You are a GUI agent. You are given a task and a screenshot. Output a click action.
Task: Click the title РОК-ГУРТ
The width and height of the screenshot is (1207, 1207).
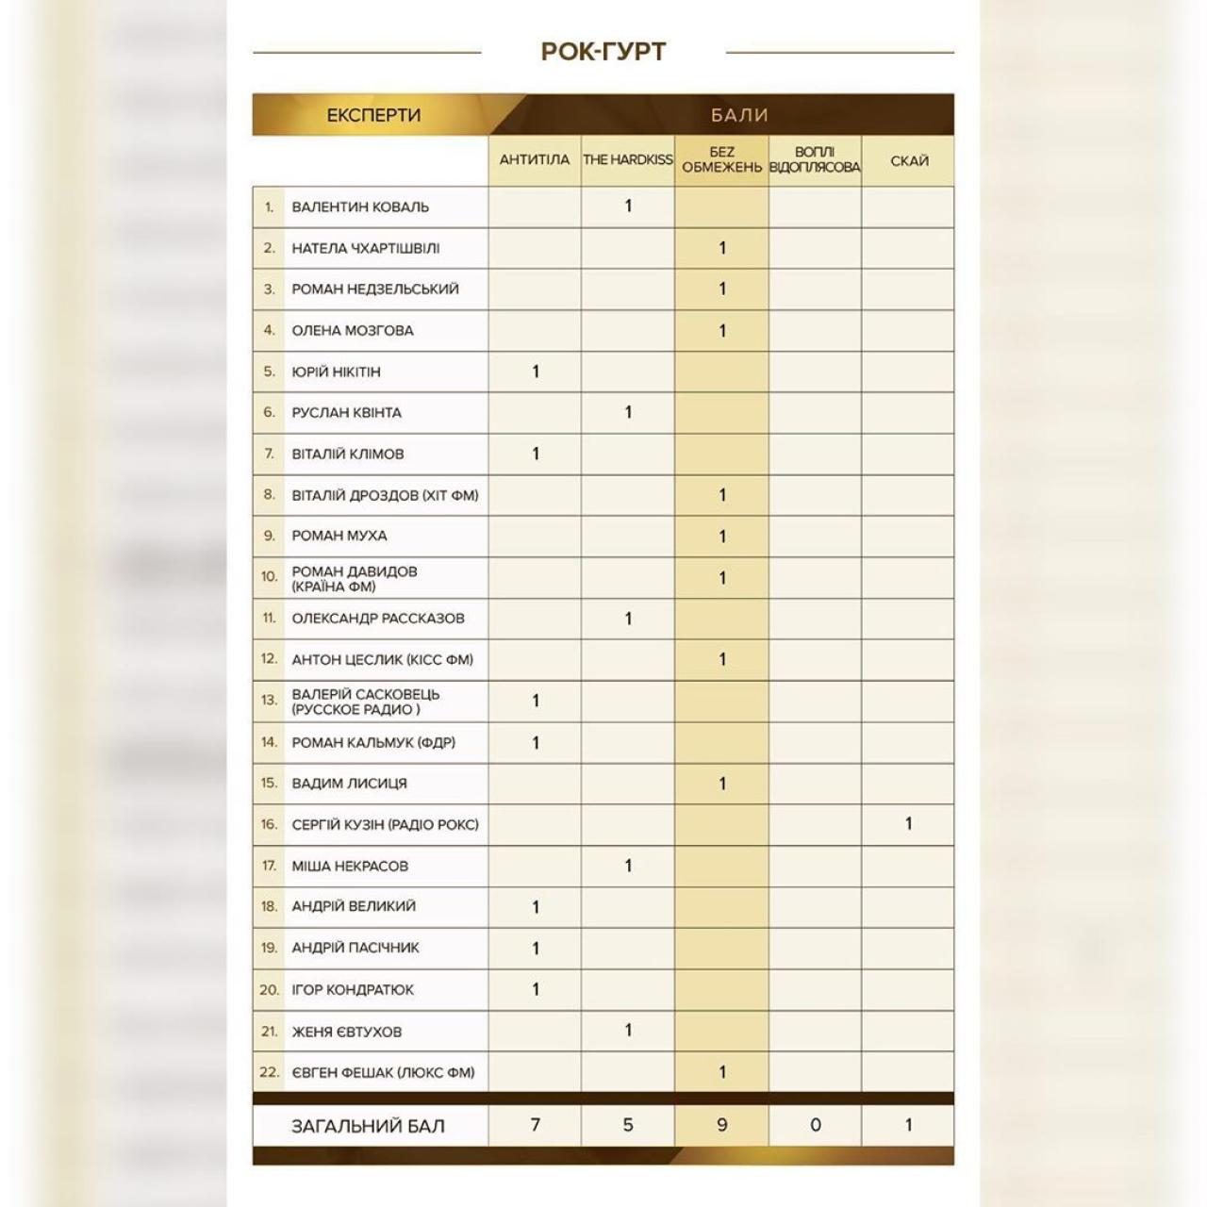[x=603, y=51]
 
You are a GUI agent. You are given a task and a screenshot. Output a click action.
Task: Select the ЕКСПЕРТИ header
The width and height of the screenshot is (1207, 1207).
[x=373, y=115]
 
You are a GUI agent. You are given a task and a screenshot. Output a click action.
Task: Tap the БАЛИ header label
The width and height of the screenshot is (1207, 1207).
[x=739, y=115]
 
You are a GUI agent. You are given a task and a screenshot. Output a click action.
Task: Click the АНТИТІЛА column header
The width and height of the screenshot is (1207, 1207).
[x=535, y=159]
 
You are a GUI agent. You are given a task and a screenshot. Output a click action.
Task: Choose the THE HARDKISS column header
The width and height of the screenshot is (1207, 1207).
[x=628, y=159]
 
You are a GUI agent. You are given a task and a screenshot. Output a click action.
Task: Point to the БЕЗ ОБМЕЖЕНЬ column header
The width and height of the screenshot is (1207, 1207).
[x=721, y=159]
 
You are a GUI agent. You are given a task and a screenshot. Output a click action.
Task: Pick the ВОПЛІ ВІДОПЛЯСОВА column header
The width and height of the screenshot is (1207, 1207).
[x=815, y=159]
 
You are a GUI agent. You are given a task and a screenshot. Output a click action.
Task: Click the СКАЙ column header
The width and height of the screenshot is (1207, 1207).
[x=909, y=160]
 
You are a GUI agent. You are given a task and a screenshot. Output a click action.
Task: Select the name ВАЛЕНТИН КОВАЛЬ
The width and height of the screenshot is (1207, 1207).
[x=360, y=207]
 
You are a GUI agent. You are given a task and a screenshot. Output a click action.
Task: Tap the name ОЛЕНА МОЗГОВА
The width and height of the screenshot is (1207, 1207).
[x=353, y=330]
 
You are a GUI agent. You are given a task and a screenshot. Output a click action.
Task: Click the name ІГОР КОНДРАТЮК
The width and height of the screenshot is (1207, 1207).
[x=353, y=989]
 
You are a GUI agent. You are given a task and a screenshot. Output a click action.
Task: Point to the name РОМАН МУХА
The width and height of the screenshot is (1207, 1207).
[x=339, y=536]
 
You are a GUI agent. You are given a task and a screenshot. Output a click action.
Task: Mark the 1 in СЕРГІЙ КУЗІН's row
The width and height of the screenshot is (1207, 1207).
[x=909, y=823]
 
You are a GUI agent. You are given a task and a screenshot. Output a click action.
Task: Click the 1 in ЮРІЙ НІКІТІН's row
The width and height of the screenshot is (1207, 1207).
[x=536, y=372]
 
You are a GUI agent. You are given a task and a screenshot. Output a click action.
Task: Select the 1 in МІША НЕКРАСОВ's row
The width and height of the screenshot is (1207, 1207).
[x=628, y=865]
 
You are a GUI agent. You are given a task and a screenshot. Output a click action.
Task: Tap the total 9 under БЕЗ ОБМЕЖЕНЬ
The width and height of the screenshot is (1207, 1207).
[x=722, y=1124]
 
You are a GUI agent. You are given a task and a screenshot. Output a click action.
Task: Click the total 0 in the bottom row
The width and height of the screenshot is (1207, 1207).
[x=816, y=1124]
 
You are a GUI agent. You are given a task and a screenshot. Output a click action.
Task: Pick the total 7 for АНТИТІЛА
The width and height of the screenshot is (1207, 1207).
[x=536, y=1124]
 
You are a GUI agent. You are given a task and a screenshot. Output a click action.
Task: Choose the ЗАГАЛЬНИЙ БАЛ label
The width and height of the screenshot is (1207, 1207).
[x=368, y=1126]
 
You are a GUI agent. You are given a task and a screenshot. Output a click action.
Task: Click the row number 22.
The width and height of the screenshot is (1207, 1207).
[x=270, y=1072]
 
